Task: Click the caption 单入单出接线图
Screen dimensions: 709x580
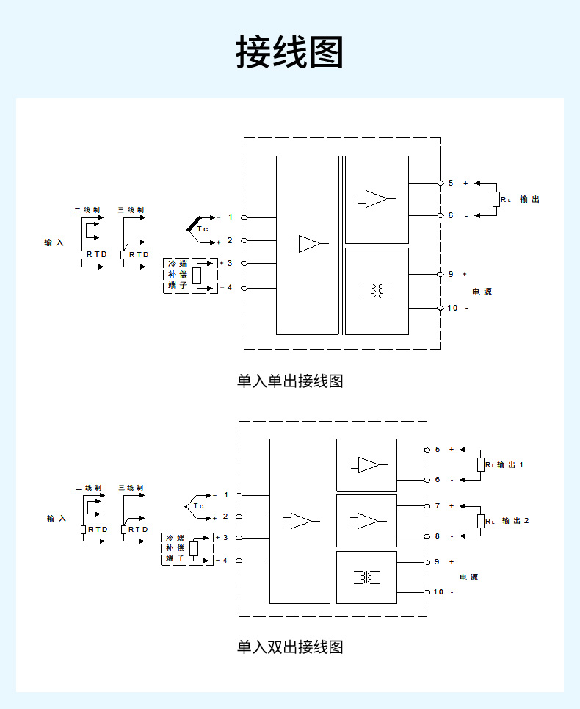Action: pos(290,381)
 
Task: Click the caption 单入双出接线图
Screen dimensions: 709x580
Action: pos(290,647)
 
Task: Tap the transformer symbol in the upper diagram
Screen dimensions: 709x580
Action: pos(377,291)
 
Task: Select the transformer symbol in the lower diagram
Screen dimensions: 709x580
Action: pos(366,577)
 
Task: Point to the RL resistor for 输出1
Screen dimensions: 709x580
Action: pos(482,464)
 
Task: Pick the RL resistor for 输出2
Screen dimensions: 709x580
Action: pos(482,521)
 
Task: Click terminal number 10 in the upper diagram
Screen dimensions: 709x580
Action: pos(452,308)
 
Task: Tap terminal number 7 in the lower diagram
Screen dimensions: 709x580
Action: pos(438,506)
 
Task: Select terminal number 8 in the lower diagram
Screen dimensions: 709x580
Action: pos(438,536)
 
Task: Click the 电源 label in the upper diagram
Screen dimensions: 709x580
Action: pos(482,292)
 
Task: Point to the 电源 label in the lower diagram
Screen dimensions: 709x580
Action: pos(469,577)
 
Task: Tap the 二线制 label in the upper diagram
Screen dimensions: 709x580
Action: pos(87,210)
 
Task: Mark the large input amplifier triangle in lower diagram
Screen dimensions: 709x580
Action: pos(300,521)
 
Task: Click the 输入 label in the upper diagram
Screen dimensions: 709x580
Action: pos(54,242)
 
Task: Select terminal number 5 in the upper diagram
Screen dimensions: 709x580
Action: pos(451,183)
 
